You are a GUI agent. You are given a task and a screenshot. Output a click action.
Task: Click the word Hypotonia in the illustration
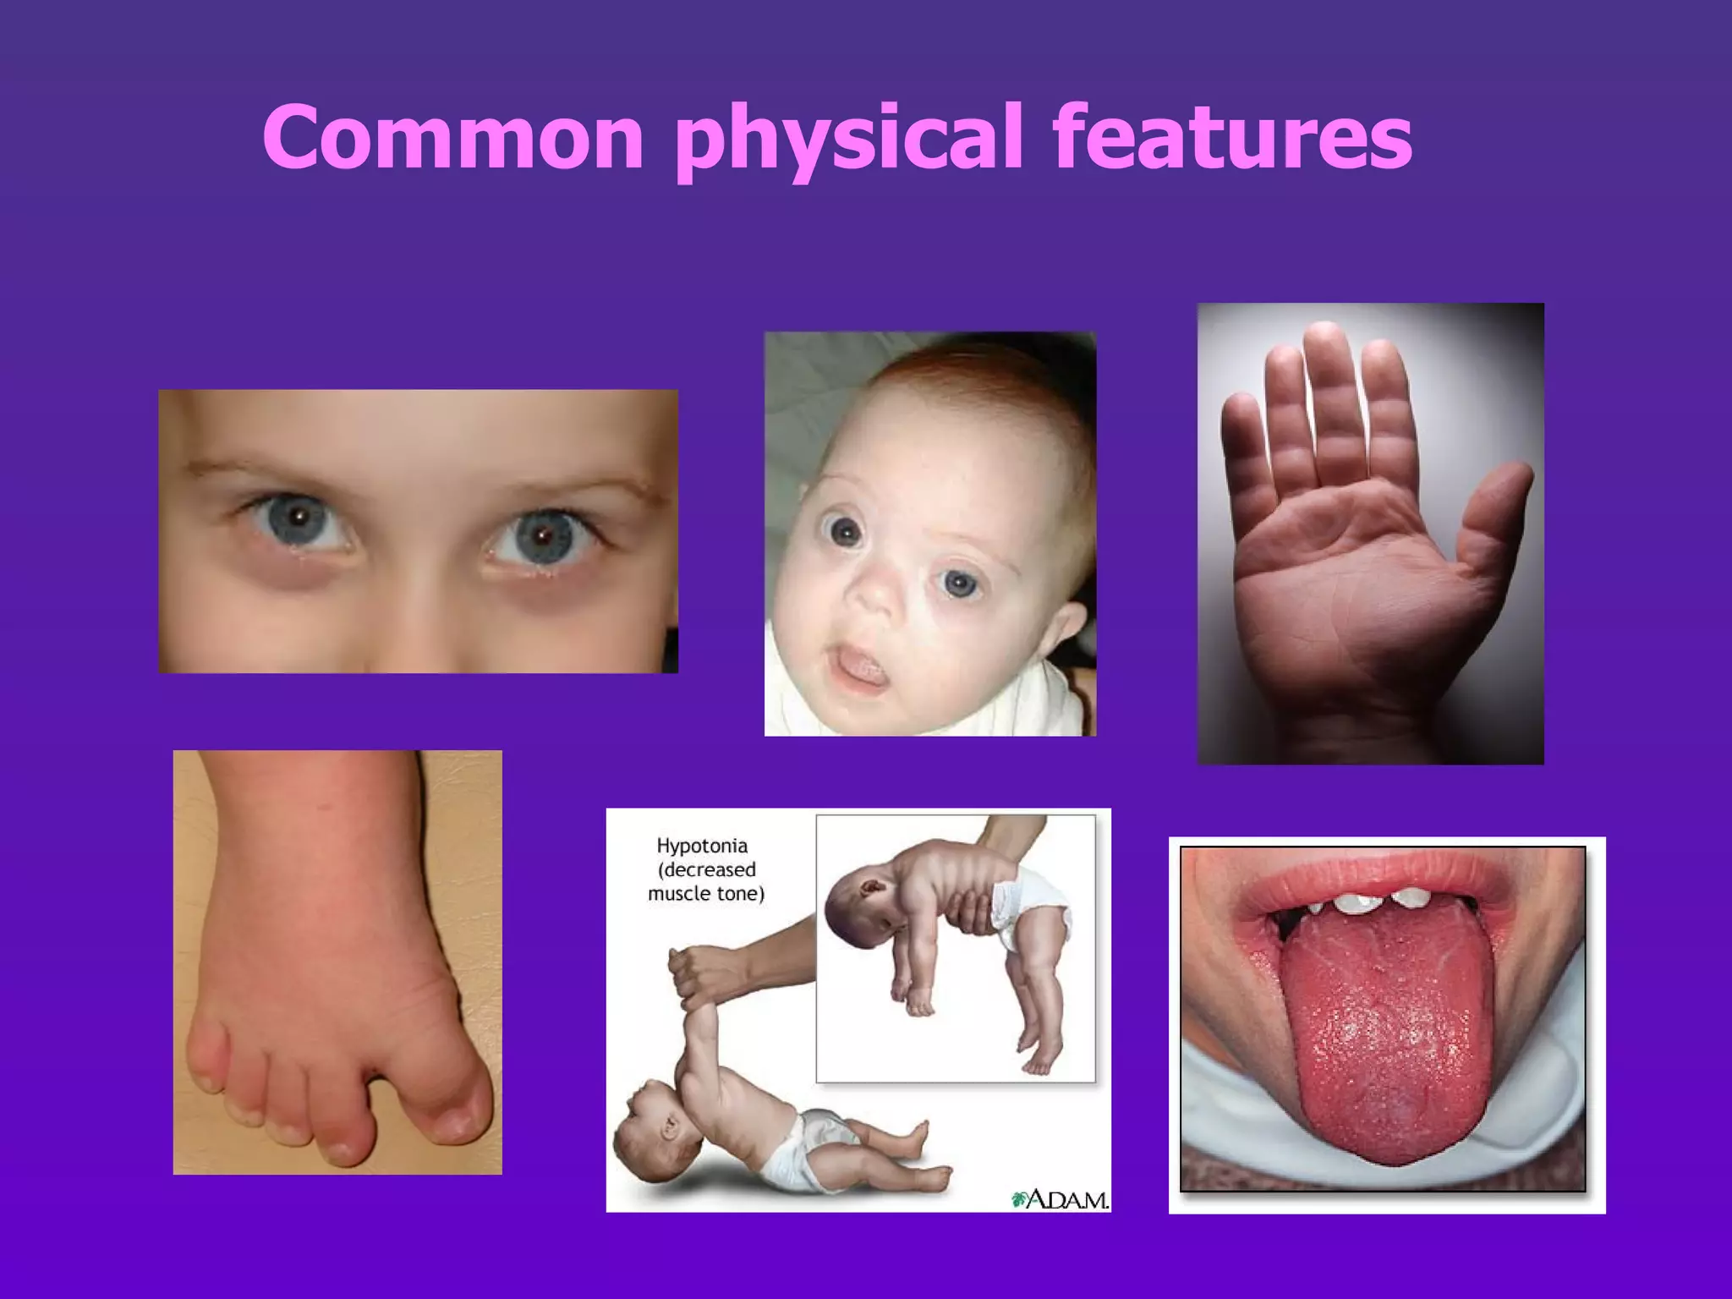[702, 846]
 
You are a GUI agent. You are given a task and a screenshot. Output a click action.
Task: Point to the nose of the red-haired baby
[880, 592]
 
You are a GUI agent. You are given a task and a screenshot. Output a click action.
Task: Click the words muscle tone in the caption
[706, 894]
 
